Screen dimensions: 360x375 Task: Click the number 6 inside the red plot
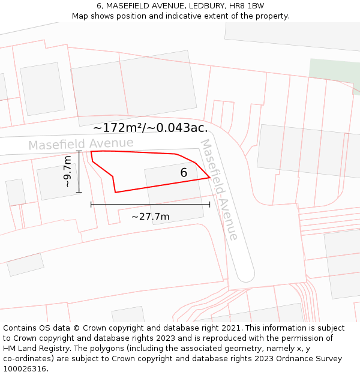[184, 173]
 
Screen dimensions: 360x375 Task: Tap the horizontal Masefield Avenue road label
[80, 144]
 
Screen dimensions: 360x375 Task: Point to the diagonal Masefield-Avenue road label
[219, 190]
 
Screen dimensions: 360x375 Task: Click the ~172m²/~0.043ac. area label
[151, 128]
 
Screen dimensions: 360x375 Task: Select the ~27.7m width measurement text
[150, 217]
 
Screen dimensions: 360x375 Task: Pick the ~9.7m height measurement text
[68, 172]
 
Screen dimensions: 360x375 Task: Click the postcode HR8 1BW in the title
[246, 6]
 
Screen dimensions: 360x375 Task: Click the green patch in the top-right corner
[335, 75]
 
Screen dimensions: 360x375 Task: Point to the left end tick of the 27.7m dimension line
[91, 205]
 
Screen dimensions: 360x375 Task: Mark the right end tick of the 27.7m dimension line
[209, 205]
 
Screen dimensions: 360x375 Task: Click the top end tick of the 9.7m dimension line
[79, 151]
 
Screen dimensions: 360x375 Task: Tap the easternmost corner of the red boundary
[209, 178]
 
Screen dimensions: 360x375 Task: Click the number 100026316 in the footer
[25, 368]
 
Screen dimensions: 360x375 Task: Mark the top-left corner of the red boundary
[91, 152]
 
